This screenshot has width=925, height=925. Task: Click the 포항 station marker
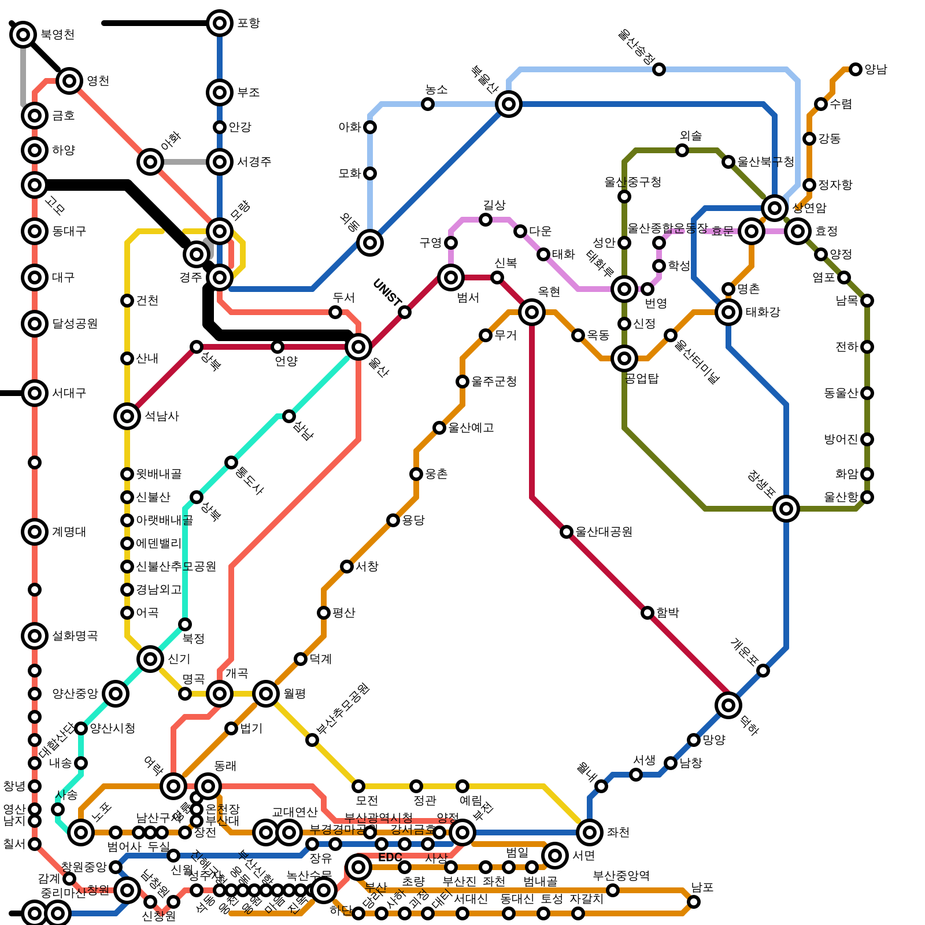click(220, 23)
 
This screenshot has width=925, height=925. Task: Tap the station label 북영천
click(57, 35)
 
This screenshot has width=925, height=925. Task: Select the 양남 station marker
click(856, 69)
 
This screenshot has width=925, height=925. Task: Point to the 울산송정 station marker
click(659, 69)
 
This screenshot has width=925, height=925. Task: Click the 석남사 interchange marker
click(127, 416)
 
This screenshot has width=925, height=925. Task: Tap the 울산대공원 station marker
click(567, 532)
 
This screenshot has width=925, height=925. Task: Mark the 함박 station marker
click(647, 613)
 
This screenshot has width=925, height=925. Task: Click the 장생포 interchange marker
click(786, 509)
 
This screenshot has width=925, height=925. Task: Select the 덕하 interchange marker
click(728, 705)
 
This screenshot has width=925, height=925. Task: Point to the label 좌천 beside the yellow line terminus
click(617, 832)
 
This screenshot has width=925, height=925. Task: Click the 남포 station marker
click(694, 902)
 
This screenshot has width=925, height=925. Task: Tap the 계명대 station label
click(69, 532)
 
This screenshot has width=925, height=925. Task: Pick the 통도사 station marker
click(231, 462)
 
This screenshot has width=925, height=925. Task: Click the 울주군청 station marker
click(462, 382)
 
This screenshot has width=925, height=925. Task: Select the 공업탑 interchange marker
click(624, 358)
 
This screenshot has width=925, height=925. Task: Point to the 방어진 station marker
click(867, 439)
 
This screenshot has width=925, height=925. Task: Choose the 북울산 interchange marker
click(509, 104)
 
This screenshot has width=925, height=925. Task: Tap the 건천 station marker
click(127, 301)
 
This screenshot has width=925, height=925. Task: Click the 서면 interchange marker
click(555, 856)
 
